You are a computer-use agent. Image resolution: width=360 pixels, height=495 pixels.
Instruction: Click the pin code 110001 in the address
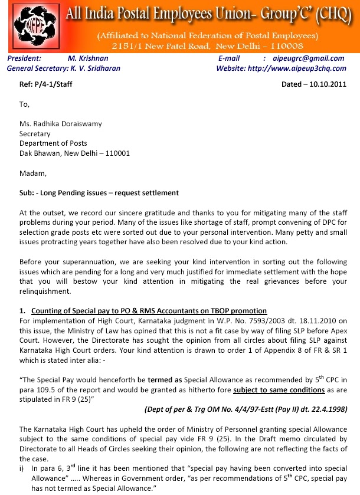(x=115, y=153)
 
